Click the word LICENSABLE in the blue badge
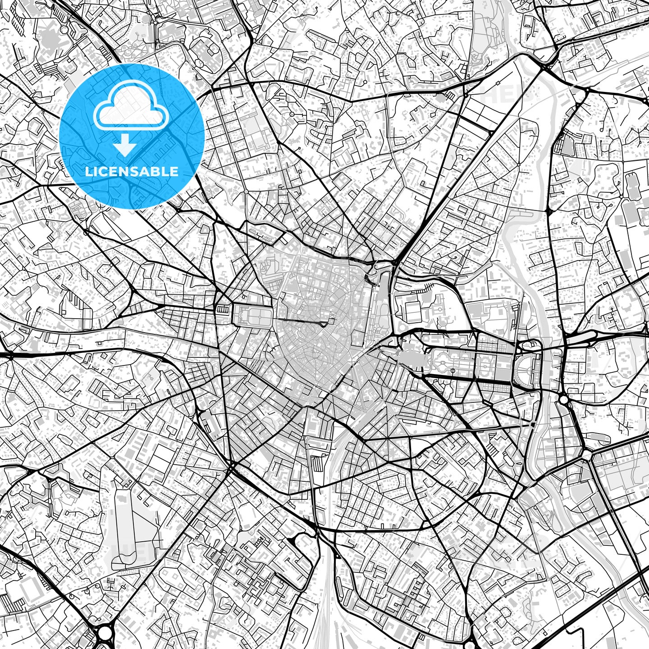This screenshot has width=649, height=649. [132, 171]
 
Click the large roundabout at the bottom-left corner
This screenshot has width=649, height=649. [105, 633]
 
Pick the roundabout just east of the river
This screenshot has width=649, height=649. [563, 399]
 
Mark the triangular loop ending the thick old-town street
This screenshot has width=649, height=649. [324, 324]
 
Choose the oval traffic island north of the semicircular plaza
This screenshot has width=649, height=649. [530, 346]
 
